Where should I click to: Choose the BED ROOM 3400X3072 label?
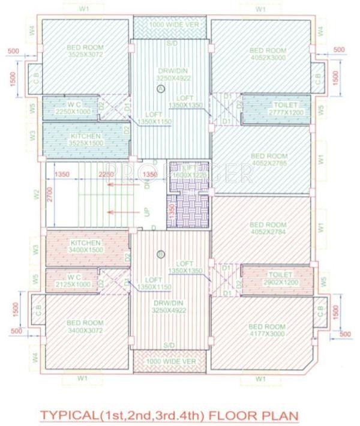pyautogui.click(x=85, y=326)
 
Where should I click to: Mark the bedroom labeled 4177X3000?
pyautogui.click(x=267, y=330)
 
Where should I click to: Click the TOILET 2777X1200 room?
pyautogui.click(x=274, y=109)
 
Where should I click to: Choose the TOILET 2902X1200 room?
pyautogui.click(x=274, y=277)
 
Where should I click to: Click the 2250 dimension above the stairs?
pyautogui.click(x=106, y=175)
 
